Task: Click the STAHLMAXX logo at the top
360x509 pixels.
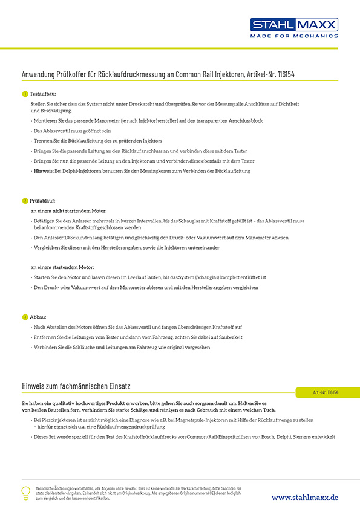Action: click(x=294, y=25)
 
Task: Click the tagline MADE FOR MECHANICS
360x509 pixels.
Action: click(x=294, y=36)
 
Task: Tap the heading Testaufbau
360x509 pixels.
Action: click(x=42, y=94)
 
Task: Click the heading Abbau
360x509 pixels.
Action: click(x=38, y=316)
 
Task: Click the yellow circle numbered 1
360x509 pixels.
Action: click(x=25, y=94)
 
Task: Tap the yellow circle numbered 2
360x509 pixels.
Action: click(x=25, y=200)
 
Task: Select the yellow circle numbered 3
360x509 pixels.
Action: click(x=25, y=316)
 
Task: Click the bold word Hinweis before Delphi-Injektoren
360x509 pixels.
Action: click(x=44, y=171)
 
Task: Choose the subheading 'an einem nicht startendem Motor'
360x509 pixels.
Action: click(x=68, y=210)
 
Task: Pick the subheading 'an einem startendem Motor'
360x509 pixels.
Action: click(x=62, y=267)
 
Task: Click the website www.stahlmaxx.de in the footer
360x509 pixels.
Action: click(x=304, y=497)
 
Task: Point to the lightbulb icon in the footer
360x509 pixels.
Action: click(x=25, y=492)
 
